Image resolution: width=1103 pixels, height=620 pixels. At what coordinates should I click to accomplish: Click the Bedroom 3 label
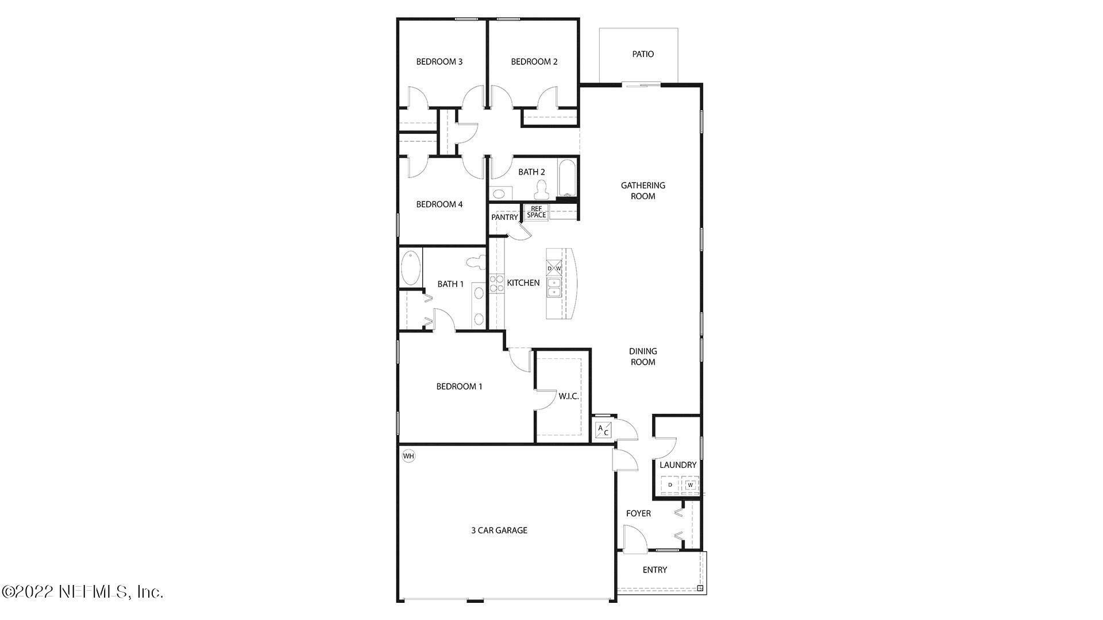tap(439, 62)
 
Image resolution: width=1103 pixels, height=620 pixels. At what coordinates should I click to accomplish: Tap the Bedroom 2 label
tap(534, 62)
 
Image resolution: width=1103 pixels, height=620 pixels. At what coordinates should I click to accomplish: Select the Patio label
tap(643, 54)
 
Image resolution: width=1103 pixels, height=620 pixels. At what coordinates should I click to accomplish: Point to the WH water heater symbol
tap(408, 456)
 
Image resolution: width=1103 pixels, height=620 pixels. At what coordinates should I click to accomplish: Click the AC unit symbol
tap(603, 431)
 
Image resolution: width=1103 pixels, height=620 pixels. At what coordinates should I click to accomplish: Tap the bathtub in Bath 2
tap(566, 179)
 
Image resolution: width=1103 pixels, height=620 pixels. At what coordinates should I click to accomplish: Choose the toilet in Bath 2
tap(541, 189)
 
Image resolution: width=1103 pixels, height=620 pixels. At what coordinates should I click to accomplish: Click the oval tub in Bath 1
tap(410, 268)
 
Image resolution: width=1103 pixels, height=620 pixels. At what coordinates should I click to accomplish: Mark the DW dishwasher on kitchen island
tap(554, 268)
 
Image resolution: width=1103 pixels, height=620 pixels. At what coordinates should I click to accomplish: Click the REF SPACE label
tap(536, 212)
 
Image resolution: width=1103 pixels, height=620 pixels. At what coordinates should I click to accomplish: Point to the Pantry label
tap(504, 218)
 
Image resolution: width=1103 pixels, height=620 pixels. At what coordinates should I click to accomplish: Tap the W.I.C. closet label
tap(569, 397)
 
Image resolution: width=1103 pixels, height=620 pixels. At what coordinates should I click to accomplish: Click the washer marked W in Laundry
tap(691, 485)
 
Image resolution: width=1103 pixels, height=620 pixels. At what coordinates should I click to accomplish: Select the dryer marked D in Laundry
tap(670, 485)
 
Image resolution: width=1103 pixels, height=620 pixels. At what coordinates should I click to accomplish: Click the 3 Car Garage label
tap(499, 530)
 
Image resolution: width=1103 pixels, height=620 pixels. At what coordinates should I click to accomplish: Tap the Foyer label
tap(638, 514)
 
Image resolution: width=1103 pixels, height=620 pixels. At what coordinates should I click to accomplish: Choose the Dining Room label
tap(643, 356)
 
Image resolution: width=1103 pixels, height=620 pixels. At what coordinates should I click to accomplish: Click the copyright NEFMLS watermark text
tap(83, 591)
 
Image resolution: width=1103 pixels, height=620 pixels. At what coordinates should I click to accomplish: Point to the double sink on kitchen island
tap(554, 287)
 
